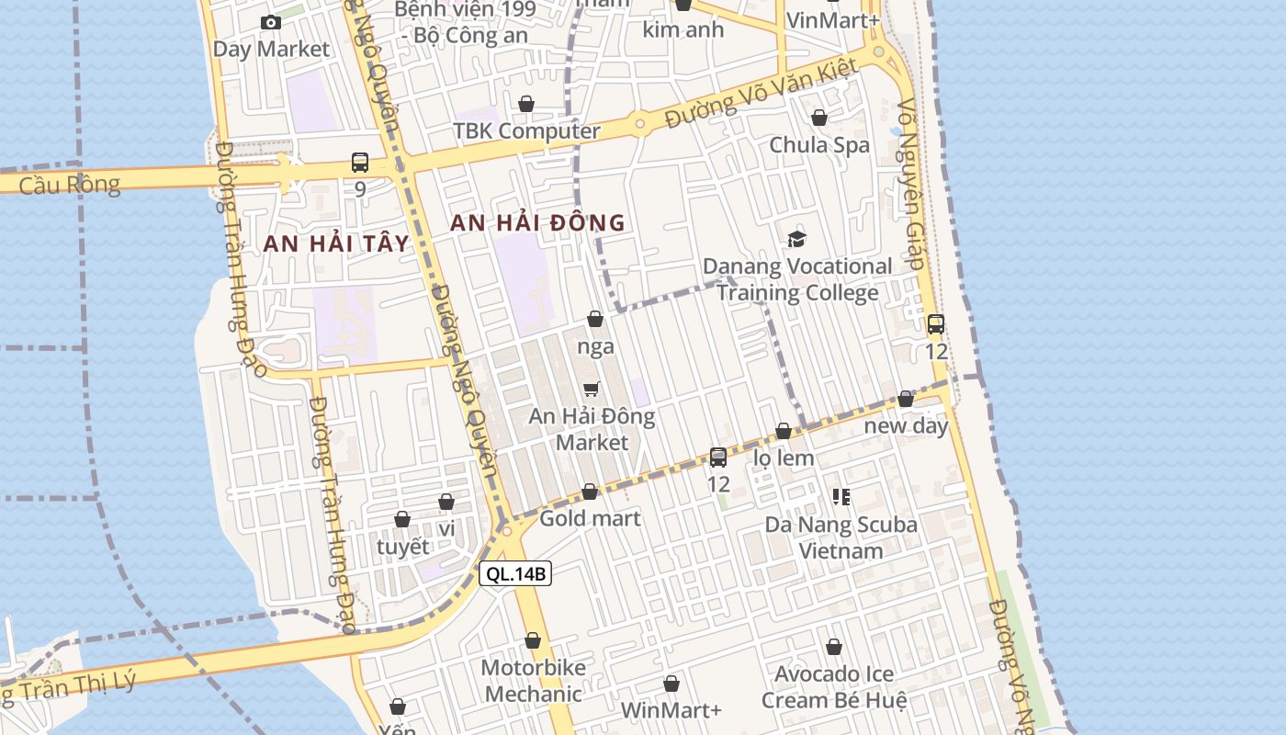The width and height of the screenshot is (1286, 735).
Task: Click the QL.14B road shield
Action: pyautogui.click(x=515, y=574)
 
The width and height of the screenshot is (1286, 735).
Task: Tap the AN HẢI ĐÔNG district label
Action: pyautogui.click(x=537, y=222)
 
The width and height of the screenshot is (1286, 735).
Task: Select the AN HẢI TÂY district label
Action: pyautogui.click(x=335, y=243)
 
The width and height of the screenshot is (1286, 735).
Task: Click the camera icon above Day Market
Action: pyautogui.click(x=271, y=22)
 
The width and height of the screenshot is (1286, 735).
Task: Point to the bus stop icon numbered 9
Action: pyautogui.click(x=360, y=163)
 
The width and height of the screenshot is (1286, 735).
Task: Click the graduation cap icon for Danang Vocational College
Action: pyautogui.click(x=796, y=240)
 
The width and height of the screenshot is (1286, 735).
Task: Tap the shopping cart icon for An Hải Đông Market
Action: pyautogui.click(x=592, y=390)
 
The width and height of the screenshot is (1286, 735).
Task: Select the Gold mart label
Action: pyautogui.click(x=590, y=518)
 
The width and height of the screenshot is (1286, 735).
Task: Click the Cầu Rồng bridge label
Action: pyautogui.click(x=69, y=185)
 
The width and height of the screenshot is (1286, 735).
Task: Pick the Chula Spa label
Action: pyautogui.click(x=819, y=145)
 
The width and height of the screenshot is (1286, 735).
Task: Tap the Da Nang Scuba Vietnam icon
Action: pyautogui.click(x=841, y=497)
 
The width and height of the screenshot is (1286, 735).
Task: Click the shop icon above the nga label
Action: pyautogui.click(x=595, y=319)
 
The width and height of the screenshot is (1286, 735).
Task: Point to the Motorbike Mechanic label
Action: pyautogui.click(x=533, y=680)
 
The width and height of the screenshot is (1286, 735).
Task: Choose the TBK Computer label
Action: pyautogui.click(x=526, y=130)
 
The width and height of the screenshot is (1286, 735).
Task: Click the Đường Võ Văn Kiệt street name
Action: pyautogui.click(x=762, y=94)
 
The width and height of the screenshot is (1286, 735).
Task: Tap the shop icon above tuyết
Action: pyautogui.click(x=402, y=519)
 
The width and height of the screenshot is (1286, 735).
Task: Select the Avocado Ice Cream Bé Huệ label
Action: pyautogui.click(x=834, y=686)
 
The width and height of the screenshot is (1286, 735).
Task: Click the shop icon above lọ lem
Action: pyautogui.click(x=784, y=431)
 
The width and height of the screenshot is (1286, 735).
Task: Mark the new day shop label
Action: pyautogui.click(x=906, y=426)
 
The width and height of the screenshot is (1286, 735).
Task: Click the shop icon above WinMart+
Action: pyautogui.click(x=671, y=684)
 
